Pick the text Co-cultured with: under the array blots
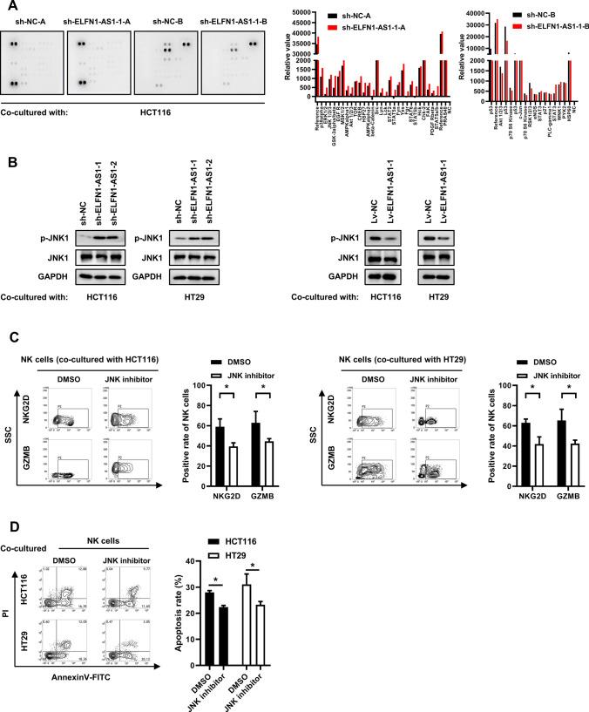(35, 112)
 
